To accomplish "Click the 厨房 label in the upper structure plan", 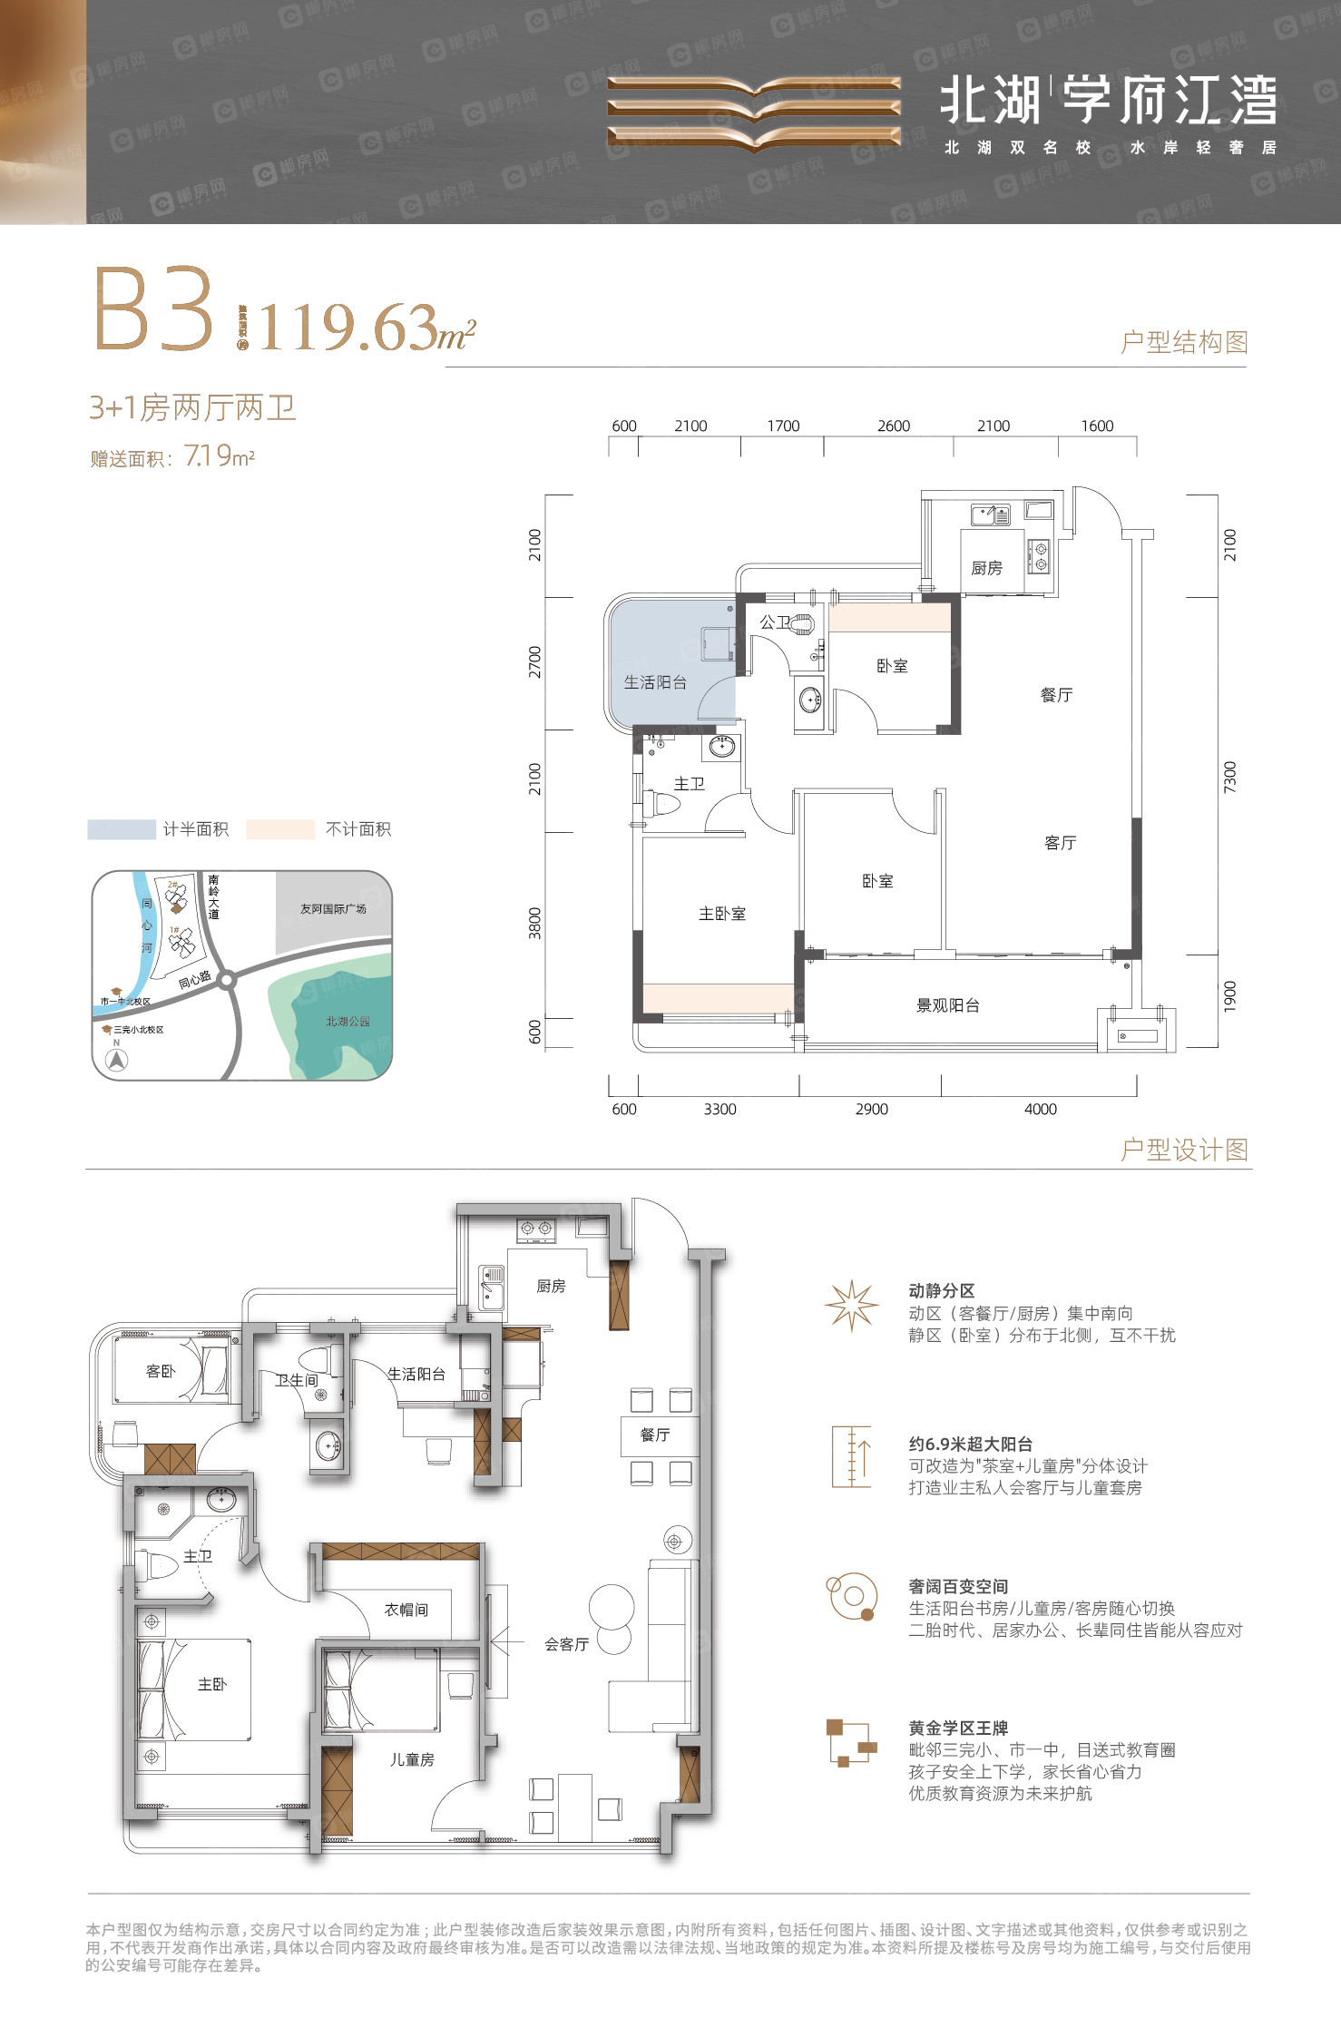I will tap(986, 568).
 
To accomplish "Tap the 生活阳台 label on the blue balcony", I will tap(655, 682).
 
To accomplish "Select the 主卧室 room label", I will tap(722, 914).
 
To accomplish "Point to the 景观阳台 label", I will tap(947, 1005).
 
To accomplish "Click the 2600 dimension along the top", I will tap(893, 426).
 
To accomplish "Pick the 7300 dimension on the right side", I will tap(1229, 777).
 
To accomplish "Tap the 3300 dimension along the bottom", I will tap(719, 1109).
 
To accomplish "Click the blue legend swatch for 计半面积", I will tap(122, 829).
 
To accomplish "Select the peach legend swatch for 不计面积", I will tap(280, 829).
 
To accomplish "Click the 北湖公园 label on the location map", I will tap(347, 1022).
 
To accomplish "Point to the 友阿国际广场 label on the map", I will tap(333, 908).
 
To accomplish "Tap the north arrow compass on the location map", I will tap(117, 1059).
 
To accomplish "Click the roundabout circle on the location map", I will tap(227, 979).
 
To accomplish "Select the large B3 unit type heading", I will tap(154, 309).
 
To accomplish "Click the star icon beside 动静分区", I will tap(851, 1306).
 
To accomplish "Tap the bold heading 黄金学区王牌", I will tap(958, 1729).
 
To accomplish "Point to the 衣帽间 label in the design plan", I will tap(406, 1610).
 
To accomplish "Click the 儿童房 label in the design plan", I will tap(412, 1759).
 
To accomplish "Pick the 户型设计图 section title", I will tap(1184, 1150).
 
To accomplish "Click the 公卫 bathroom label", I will tap(774, 622).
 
